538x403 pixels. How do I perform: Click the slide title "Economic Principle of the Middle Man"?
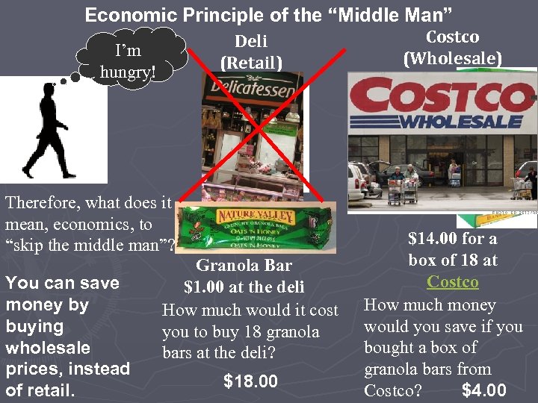268,14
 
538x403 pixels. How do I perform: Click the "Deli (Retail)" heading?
251,52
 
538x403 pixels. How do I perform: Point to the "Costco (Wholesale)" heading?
452,47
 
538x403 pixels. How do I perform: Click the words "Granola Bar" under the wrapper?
244,265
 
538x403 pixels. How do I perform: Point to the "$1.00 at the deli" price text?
244,287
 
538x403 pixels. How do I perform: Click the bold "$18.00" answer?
250,382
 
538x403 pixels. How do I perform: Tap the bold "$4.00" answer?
484,390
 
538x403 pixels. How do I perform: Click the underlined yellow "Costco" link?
453,281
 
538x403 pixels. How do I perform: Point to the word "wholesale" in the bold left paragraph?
48,348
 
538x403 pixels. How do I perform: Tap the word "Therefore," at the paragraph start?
43,202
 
